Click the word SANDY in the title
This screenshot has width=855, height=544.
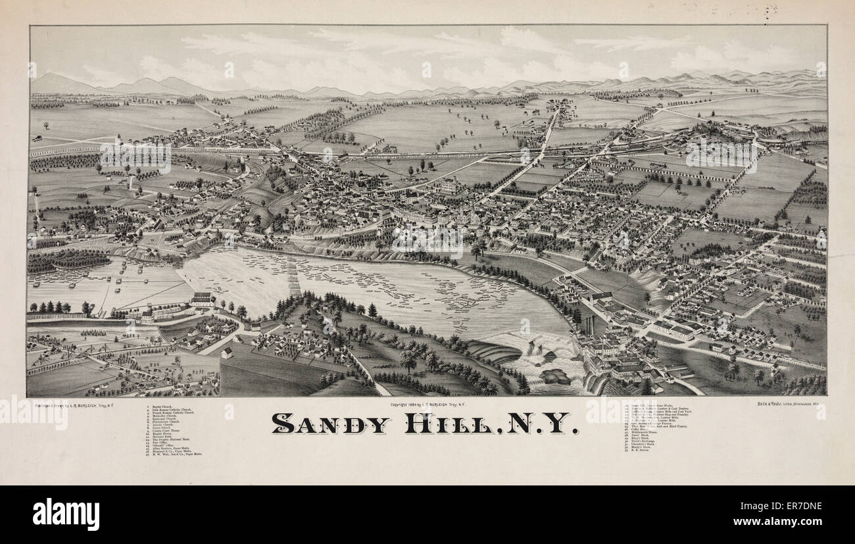point(331,423)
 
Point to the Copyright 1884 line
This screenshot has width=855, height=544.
point(427,404)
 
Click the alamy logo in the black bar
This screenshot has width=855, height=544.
point(66,514)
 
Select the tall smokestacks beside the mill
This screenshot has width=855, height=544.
point(589,324)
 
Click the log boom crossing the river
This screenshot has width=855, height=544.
point(293,276)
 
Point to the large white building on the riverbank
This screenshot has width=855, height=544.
point(203,300)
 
